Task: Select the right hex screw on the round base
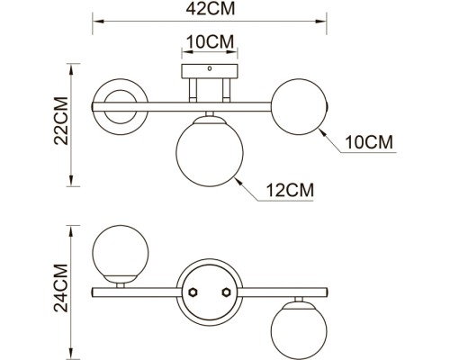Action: point(223,292)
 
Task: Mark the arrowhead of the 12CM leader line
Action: point(236,179)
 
